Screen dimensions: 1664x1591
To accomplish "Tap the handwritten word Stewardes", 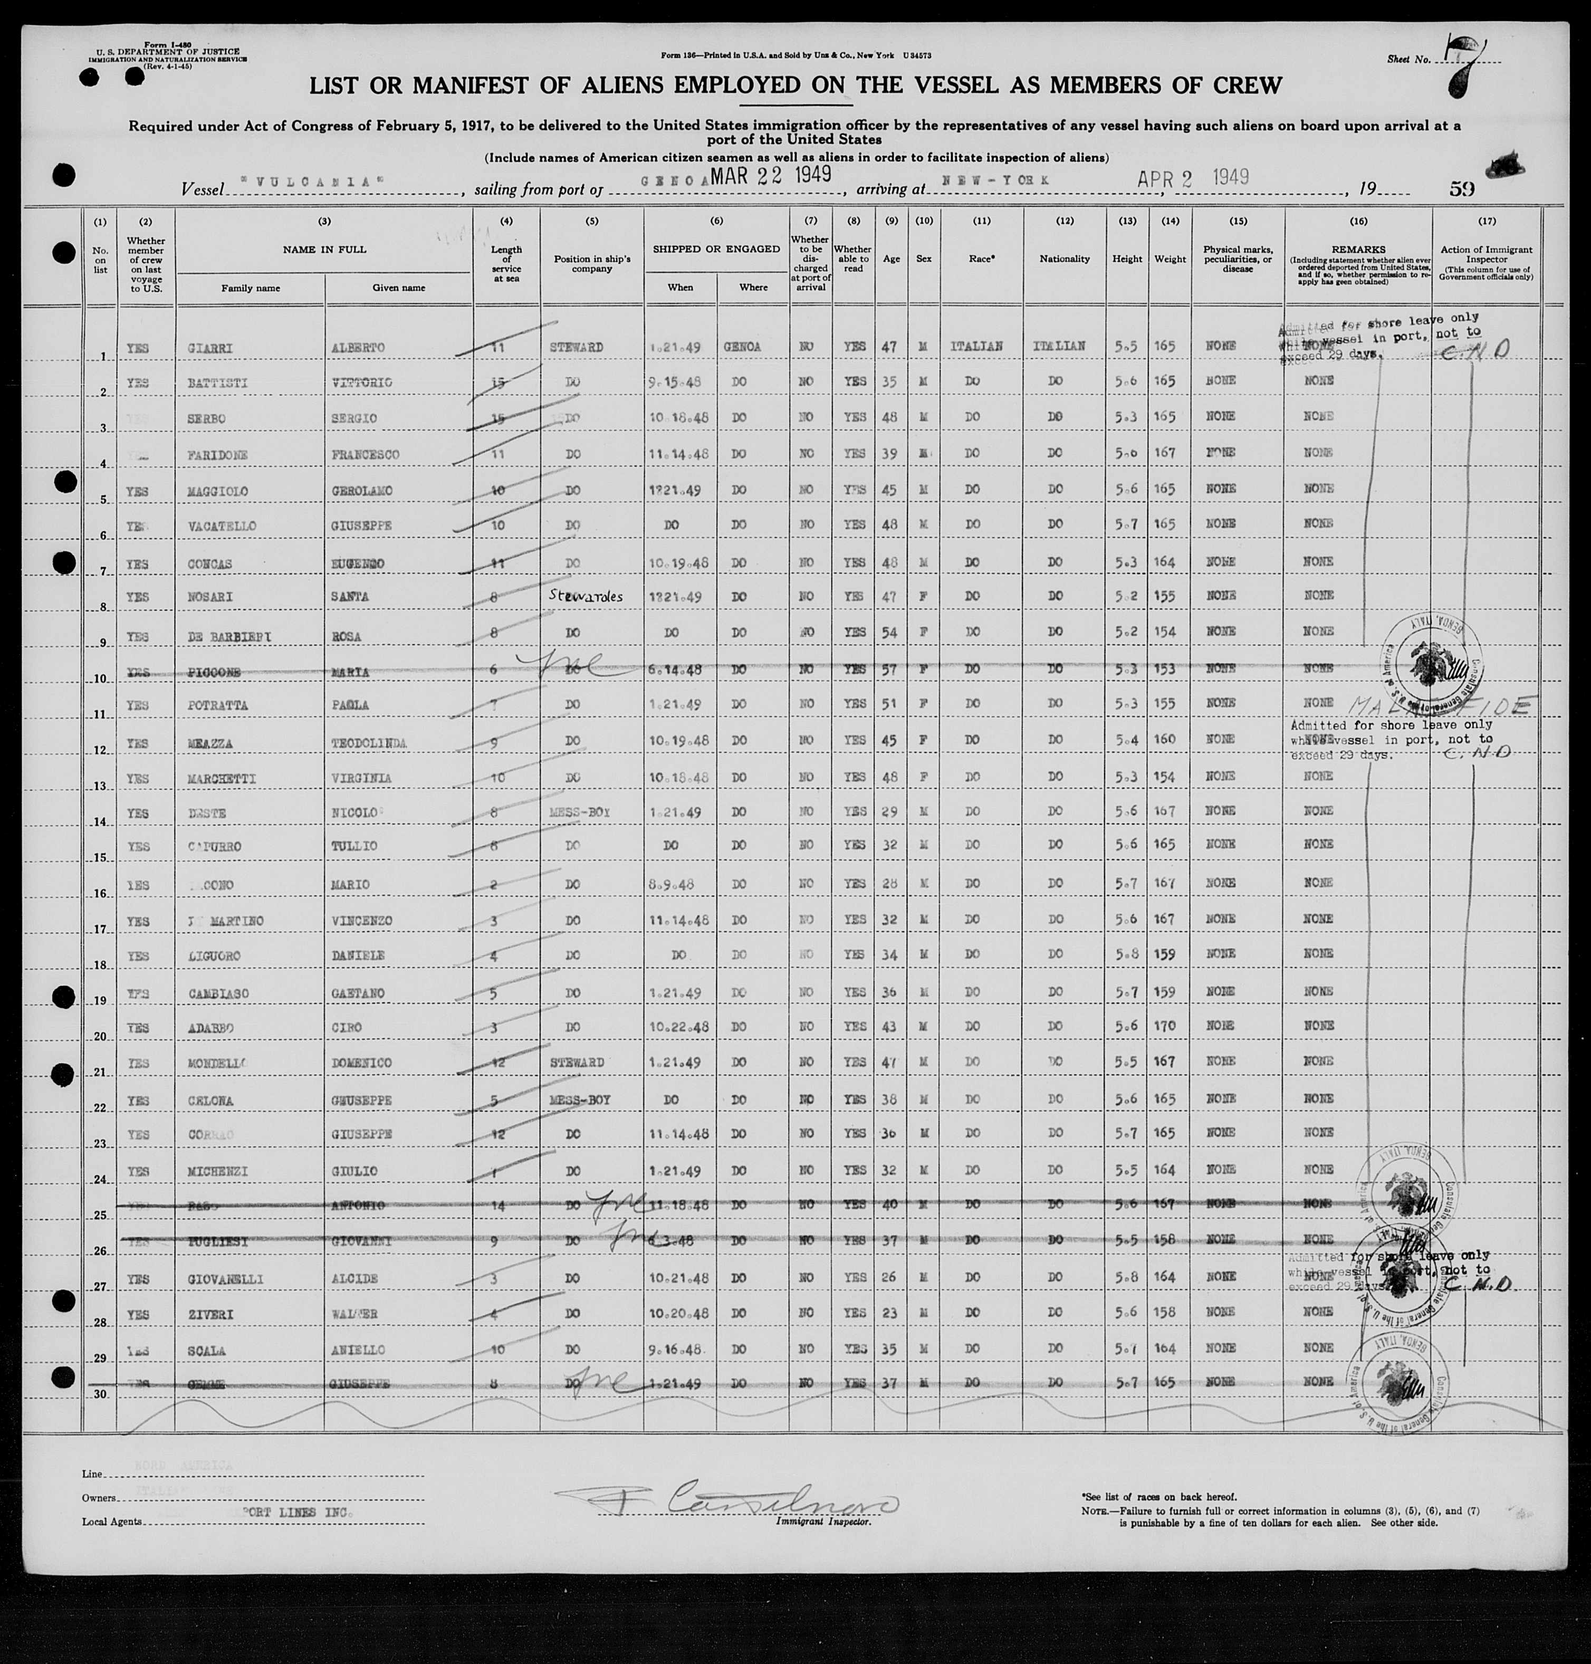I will pyautogui.click(x=585, y=596).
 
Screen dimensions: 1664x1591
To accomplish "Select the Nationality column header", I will pyautogui.click(x=1065, y=259).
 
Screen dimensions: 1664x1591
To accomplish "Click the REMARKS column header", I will pyautogui.click(x=1358, y=250).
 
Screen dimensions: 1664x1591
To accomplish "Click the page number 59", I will pyautogui.click(x=1461, y=188).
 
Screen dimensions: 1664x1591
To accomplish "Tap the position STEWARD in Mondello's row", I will pyautogui.click(x=577, y=1063).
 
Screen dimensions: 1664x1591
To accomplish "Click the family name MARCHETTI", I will pyautogui.click(x=222, y=779).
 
